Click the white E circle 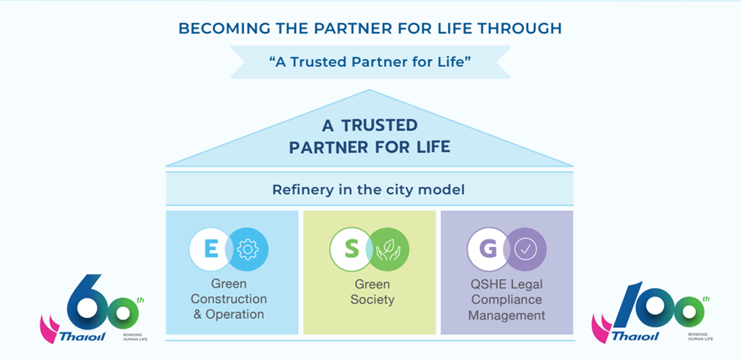pos(211,249)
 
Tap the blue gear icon pos(247,249)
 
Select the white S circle pos(351,249)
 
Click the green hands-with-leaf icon pos(388,249)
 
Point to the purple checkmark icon pos(526,249)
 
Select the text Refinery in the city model pos(369,189)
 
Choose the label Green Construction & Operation pos(228,298)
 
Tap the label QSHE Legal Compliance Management pos(507,298)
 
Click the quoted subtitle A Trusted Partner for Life pos(369,62)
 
